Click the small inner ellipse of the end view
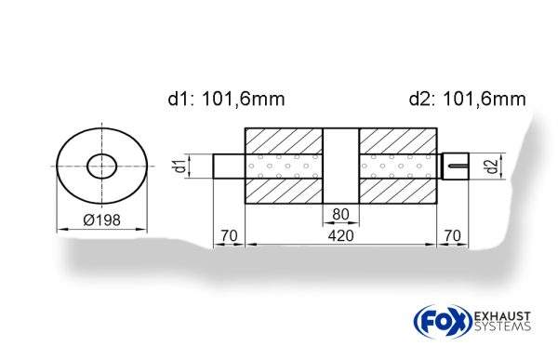coord(102,167)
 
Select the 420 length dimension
coord(340,236)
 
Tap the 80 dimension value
coord(340,215)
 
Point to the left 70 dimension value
coord(228,236)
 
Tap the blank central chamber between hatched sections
coord(340,167)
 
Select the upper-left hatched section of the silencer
coord(283,140)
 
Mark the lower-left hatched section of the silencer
coord(283,193)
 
